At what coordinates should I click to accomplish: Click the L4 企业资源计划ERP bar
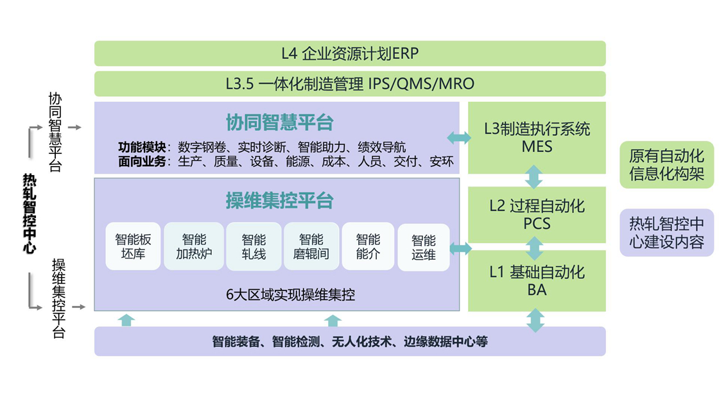pos(350,53)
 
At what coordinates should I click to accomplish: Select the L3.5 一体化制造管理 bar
pos(350,84)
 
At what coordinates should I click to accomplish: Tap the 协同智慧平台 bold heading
pos(279,122)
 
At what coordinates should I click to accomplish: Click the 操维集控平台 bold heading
pos(279,201)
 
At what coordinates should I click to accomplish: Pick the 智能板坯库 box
pos(133,247)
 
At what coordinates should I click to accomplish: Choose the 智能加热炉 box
pos(193,247)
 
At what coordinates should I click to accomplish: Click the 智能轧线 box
pos(254,247)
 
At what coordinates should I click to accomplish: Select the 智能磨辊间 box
pos(311,247)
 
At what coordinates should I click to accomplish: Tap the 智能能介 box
pos(368,247)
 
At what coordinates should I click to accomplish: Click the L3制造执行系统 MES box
pos(537,137)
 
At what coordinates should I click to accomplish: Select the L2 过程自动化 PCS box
pos(537,215)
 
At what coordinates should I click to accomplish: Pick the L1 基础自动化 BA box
pos(537,280)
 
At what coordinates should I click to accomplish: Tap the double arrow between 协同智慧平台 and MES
pos(458,137)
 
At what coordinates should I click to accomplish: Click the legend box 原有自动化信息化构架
pos(666,165)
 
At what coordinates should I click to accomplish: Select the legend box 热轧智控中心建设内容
pos(666,233)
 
